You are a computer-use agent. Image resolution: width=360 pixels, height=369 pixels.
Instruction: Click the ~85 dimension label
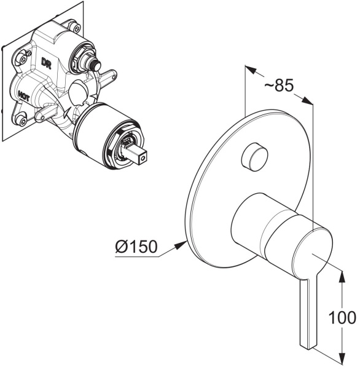[279, 85]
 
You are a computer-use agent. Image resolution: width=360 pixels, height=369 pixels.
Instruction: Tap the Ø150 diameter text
[136, 247]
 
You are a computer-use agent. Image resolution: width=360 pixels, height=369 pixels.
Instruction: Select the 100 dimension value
[342, 317]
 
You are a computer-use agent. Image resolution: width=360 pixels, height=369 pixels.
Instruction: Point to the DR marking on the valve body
[46, 63]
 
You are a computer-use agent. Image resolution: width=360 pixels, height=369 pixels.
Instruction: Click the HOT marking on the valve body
[23, 96]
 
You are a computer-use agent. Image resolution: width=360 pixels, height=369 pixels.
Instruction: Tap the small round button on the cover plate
[254, 156]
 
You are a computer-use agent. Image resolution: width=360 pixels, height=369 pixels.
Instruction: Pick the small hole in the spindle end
[142, 160]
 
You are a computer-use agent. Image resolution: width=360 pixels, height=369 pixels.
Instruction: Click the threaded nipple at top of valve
[94, 64]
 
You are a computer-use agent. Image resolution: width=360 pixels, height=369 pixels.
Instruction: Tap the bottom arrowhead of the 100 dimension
[342, 360]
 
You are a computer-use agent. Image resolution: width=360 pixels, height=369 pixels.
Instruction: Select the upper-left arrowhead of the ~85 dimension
[251, 69]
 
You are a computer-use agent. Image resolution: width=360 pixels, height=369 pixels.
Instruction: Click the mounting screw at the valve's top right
[74, 25]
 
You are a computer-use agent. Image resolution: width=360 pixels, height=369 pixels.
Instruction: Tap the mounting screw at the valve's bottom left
[22, 121]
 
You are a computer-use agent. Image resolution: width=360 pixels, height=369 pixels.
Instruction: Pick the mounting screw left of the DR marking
[22, 59]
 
